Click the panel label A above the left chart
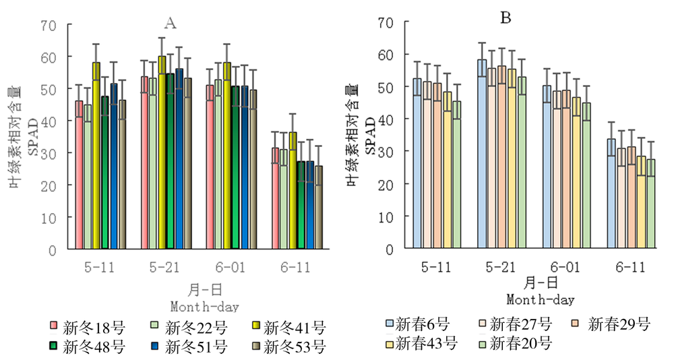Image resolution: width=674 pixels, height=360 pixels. click(171, 24)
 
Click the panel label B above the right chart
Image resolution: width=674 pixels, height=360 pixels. click(505, 18)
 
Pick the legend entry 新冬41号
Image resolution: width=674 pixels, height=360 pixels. click(286, 328)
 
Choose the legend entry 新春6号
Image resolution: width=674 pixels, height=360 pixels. click(416, 324)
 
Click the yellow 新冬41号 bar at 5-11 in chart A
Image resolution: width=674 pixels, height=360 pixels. click(96, 155)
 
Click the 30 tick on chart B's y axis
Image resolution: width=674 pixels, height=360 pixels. click(386, 151)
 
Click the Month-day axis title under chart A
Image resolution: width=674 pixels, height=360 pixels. click(204, 307)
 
